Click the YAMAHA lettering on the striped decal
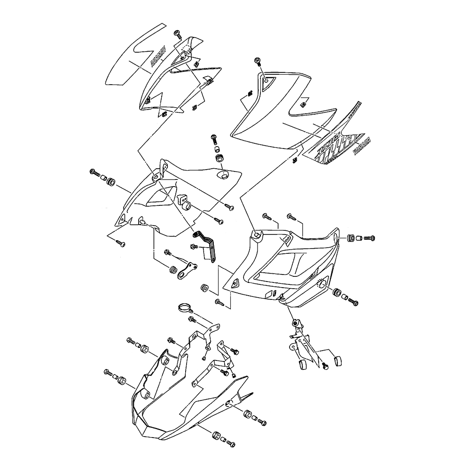363,141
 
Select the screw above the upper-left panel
178,33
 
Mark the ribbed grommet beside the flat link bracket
172,270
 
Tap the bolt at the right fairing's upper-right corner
369,238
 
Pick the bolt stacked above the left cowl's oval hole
214,138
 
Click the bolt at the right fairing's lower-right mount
353,299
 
